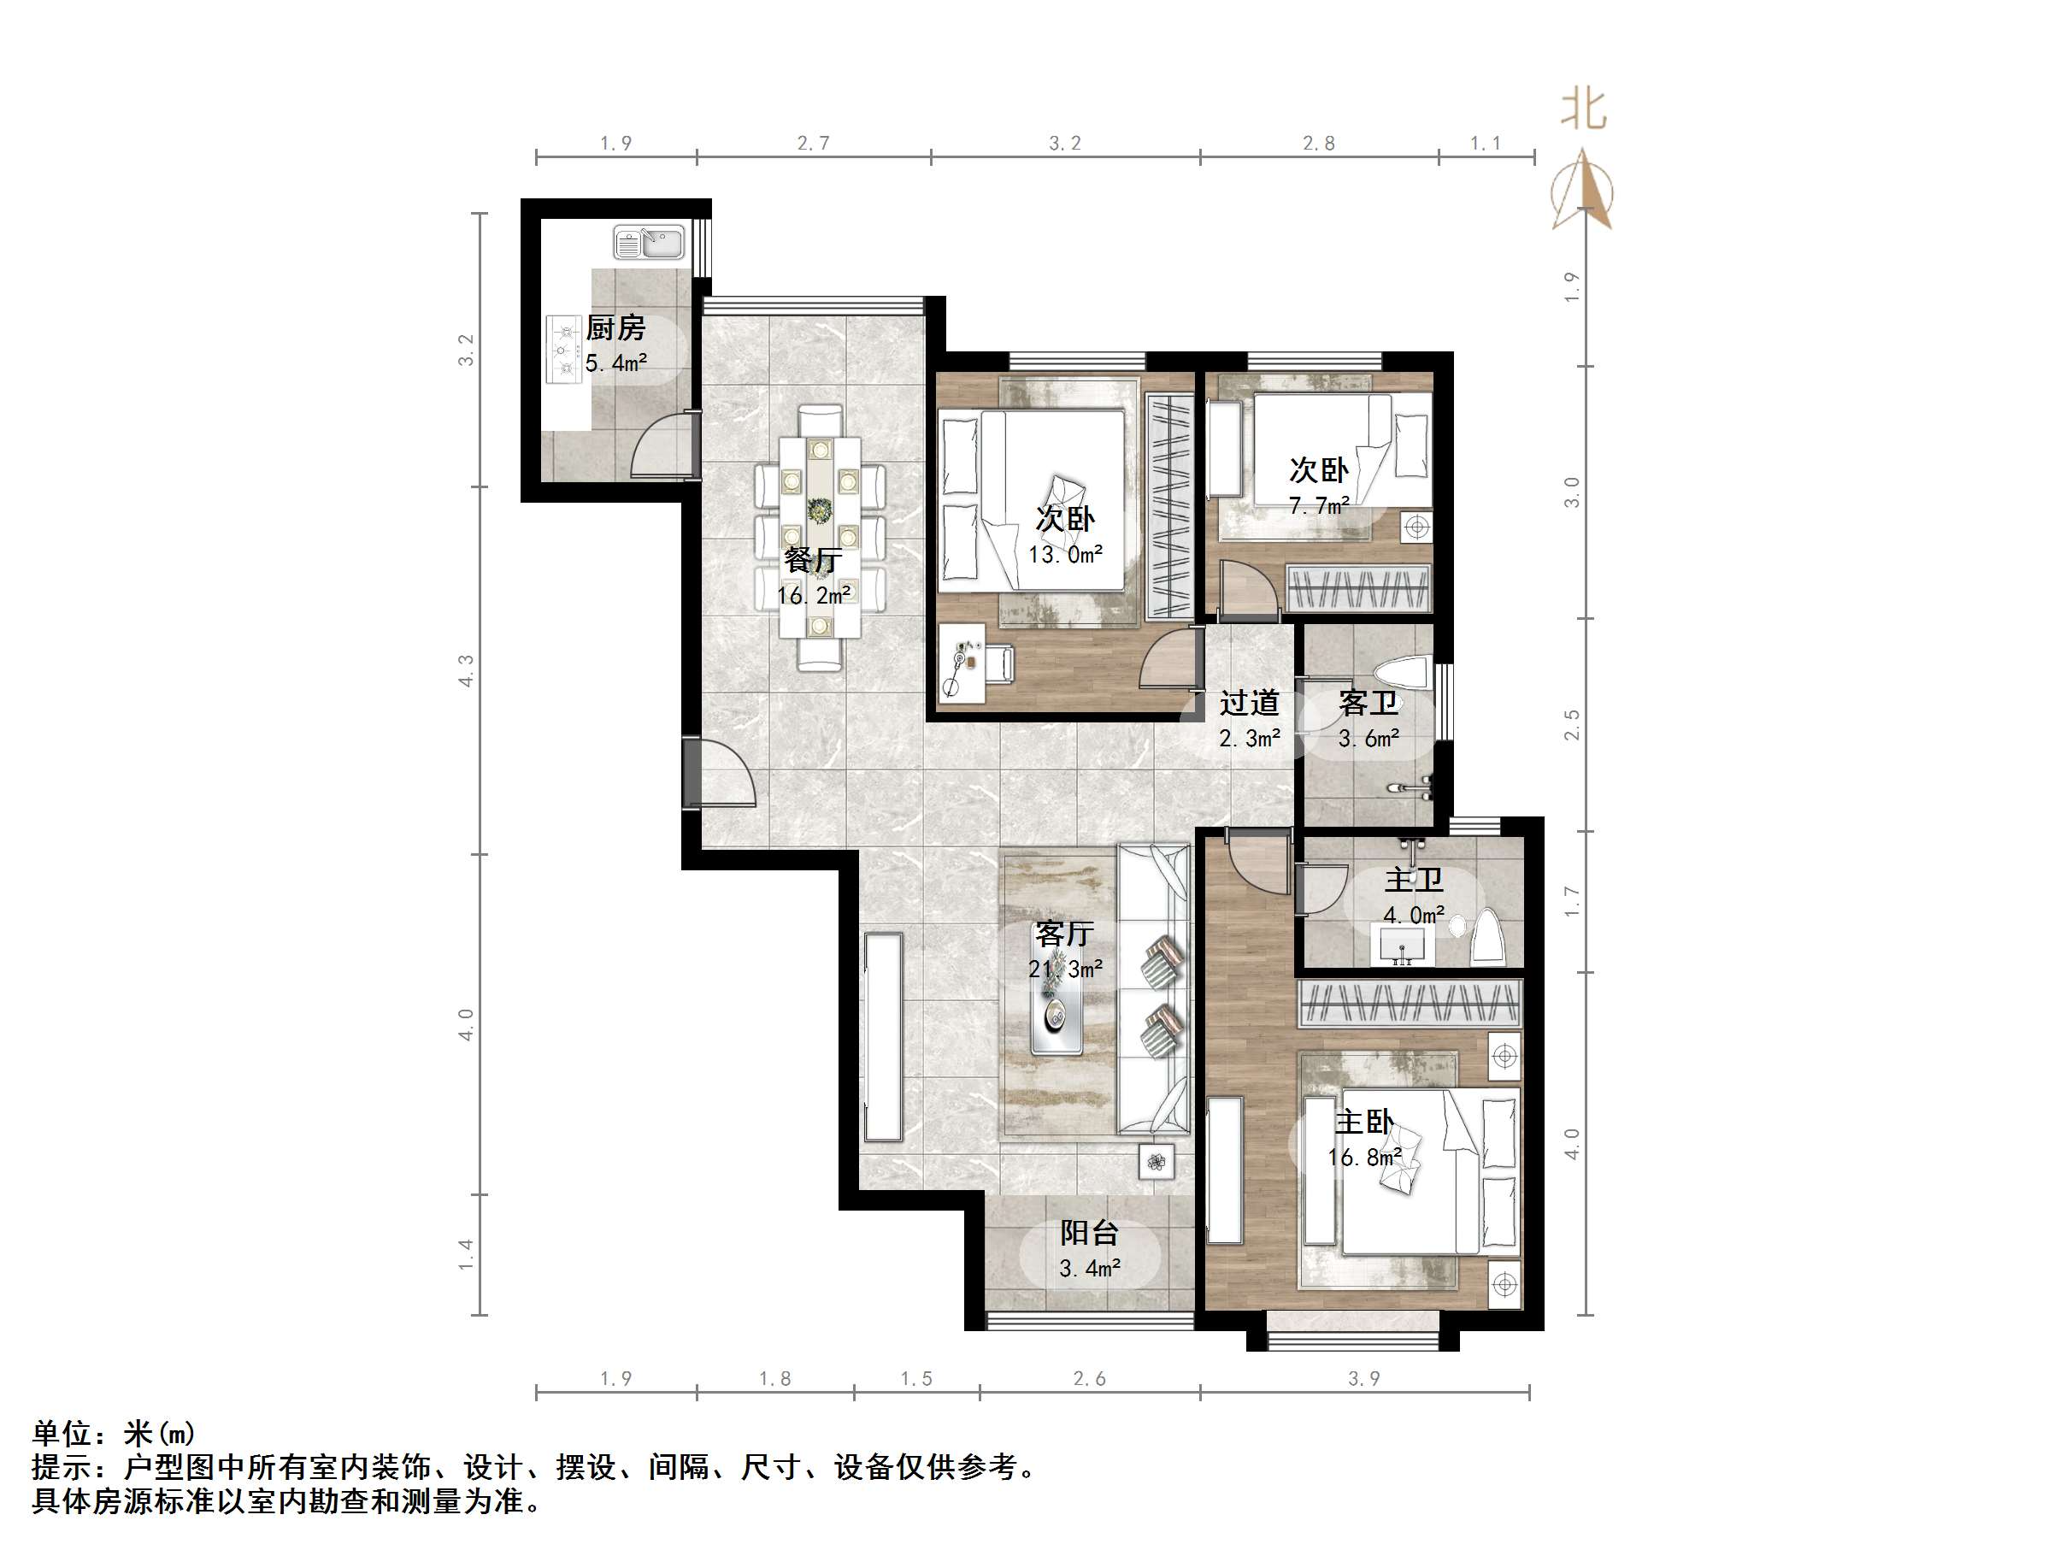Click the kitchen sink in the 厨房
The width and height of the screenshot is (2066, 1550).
(648, 243)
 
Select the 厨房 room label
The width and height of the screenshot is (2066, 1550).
(615, 328)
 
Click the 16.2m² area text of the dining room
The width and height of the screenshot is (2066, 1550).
(814, 595)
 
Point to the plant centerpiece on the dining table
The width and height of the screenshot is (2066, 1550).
(820, 511)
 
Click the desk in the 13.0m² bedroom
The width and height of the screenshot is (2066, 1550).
(962, 662)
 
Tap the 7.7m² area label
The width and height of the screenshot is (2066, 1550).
(1319, 505)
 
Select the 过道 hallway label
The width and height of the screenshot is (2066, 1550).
(1249, 703)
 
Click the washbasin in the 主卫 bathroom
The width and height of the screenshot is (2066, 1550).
(1402, 946)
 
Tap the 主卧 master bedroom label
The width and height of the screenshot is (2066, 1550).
(1364, 1122)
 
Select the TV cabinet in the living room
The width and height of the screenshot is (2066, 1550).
(883, 1037)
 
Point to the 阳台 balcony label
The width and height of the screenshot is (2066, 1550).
(1089, 1234)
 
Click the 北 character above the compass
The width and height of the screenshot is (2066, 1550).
(1583, 110)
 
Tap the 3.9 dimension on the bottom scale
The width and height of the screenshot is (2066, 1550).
(1363, 1379)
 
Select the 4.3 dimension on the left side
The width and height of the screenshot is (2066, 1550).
(466, 670)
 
